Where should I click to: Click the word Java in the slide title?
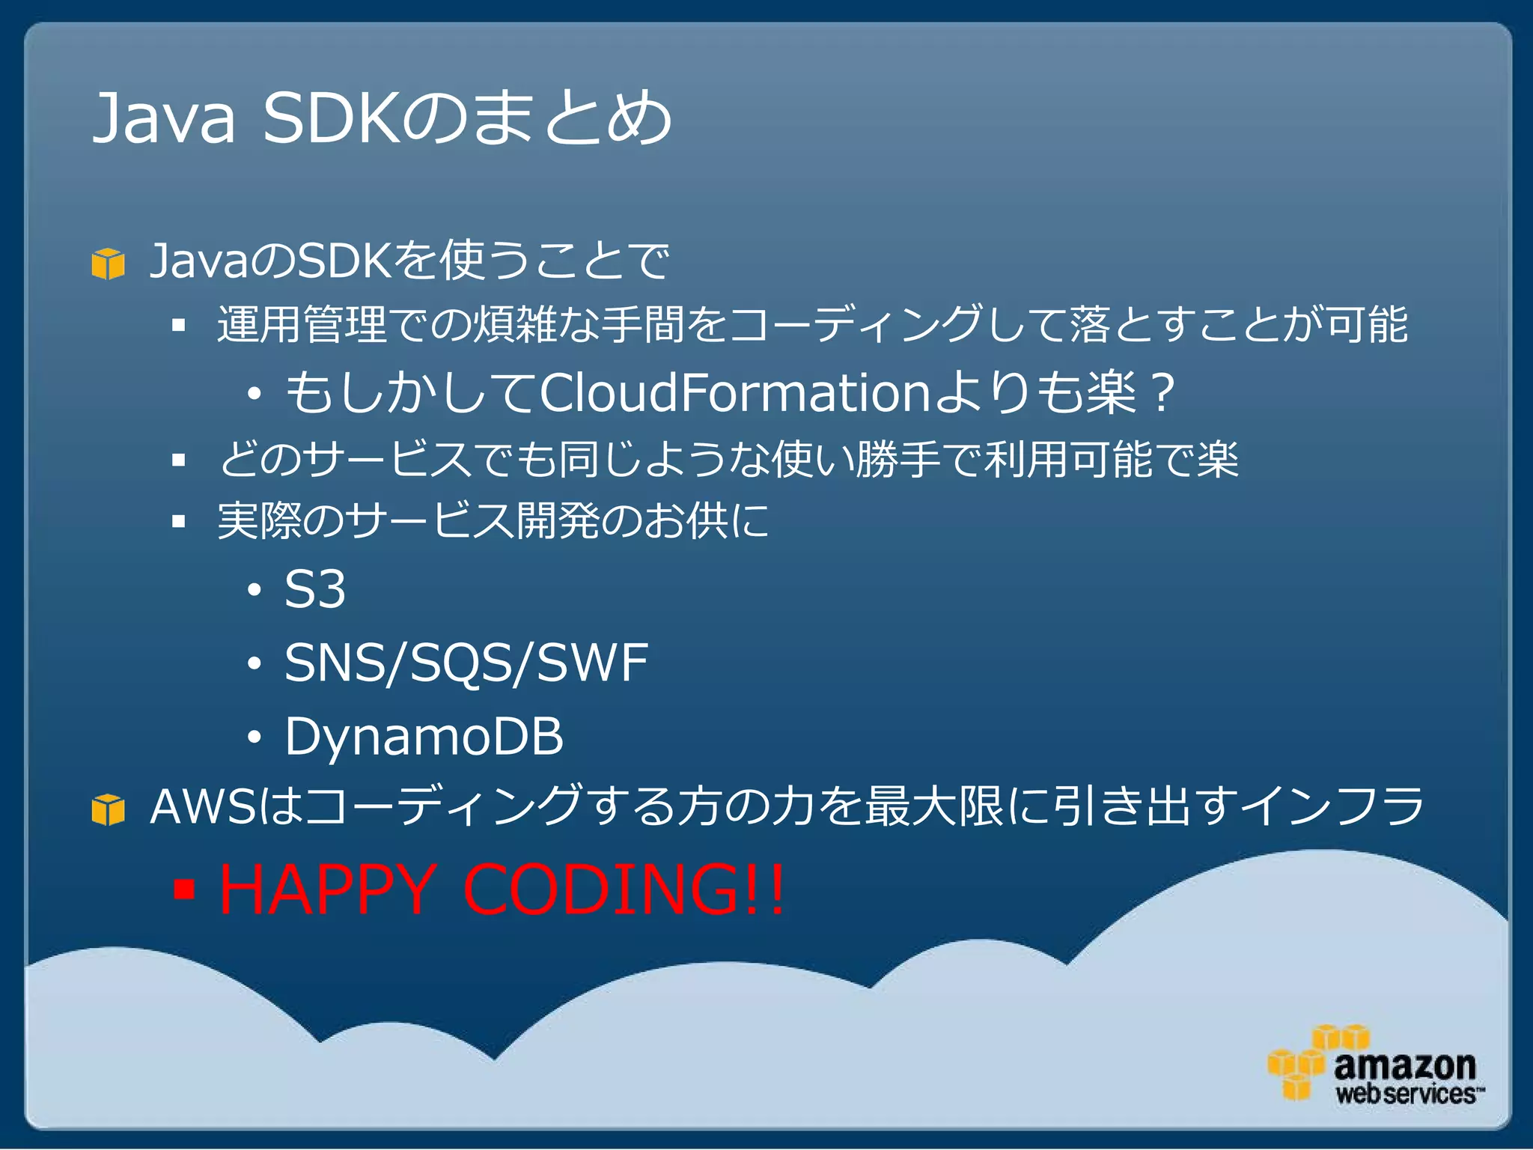[x=163, y=118]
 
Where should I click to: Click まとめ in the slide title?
[x=572, y=118]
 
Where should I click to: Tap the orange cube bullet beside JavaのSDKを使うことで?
[x=108, y=264]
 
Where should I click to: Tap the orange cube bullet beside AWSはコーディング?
[x=108, y=809]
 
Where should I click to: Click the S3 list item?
[x=314, y=589]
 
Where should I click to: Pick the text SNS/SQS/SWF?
[x=466, y=663]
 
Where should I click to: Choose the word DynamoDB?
[x=424, y=736]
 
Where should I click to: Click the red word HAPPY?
[x=326, y=889]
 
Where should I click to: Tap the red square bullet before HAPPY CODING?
[x=183, y=889]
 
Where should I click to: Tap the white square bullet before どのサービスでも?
[x=178, y=460]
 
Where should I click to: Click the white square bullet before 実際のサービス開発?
[x=178, y=521]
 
